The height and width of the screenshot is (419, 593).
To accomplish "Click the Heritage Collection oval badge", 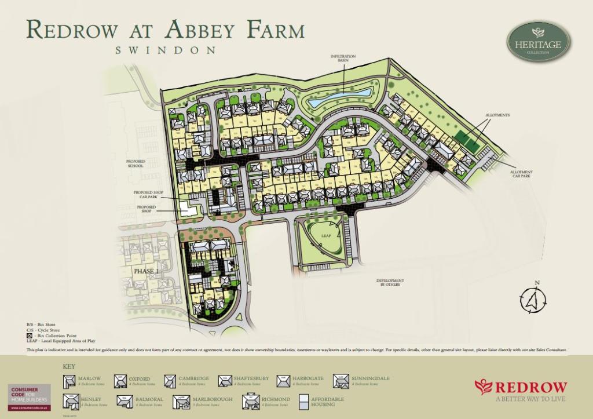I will pos(539,42).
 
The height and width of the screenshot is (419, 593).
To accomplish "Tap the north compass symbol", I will pos(536,300).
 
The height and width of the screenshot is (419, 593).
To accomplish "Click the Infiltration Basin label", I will pos(343,58).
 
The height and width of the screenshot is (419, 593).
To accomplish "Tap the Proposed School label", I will pos(135,163).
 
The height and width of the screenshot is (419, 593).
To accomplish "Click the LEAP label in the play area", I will pos(325,236).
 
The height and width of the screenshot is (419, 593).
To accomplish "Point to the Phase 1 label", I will pos(145,271).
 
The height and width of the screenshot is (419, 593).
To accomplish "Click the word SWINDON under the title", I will pos(166,50).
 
